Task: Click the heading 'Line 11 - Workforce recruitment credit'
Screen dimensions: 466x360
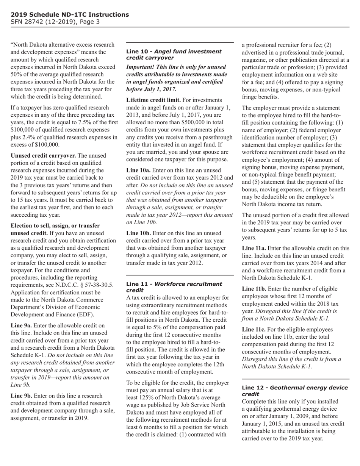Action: [174, 287]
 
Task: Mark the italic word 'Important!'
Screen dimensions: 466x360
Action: [141, 67]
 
